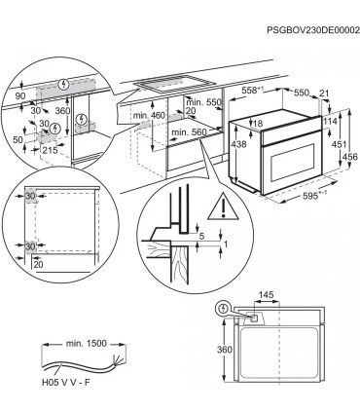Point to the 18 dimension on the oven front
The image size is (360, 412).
point(261,124)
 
